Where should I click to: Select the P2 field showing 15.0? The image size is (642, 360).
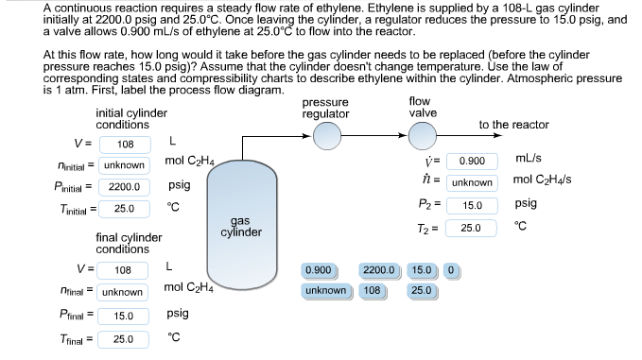(x=472, y=205)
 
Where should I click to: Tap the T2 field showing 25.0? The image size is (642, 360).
(x=472, y=228)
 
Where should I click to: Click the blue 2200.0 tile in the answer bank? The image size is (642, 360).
(x=381, y=271)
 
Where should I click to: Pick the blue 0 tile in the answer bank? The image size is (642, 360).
(x=451, y=271)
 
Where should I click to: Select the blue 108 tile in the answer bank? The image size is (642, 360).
(x=372, y=290)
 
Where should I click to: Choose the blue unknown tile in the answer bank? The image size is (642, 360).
(x=326, y=290)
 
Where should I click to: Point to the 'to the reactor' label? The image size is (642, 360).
(x=513, y=125)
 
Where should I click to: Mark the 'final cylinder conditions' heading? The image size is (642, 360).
(x=129, y=243)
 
